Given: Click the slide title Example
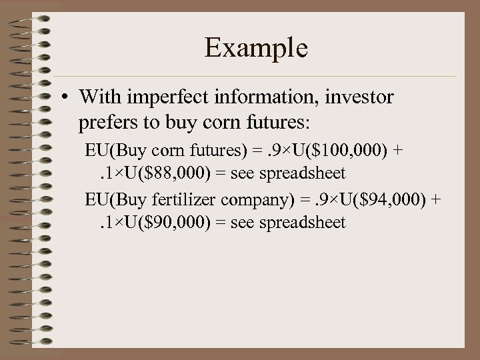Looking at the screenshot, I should (256, 48).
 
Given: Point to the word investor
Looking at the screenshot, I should (361, 97).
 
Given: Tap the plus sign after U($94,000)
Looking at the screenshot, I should (436, 198).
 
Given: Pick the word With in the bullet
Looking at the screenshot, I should (97, 97).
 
